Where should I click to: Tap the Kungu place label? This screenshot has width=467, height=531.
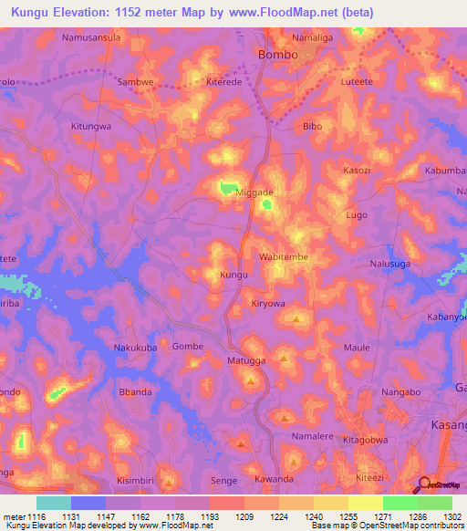coord(234,274)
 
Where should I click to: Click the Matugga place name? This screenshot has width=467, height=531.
coord(244,361)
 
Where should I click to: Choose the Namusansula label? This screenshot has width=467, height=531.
coord(91,38)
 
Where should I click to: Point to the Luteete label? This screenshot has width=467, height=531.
coord(355,82)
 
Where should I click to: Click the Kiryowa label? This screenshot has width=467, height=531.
coord(268,304)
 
